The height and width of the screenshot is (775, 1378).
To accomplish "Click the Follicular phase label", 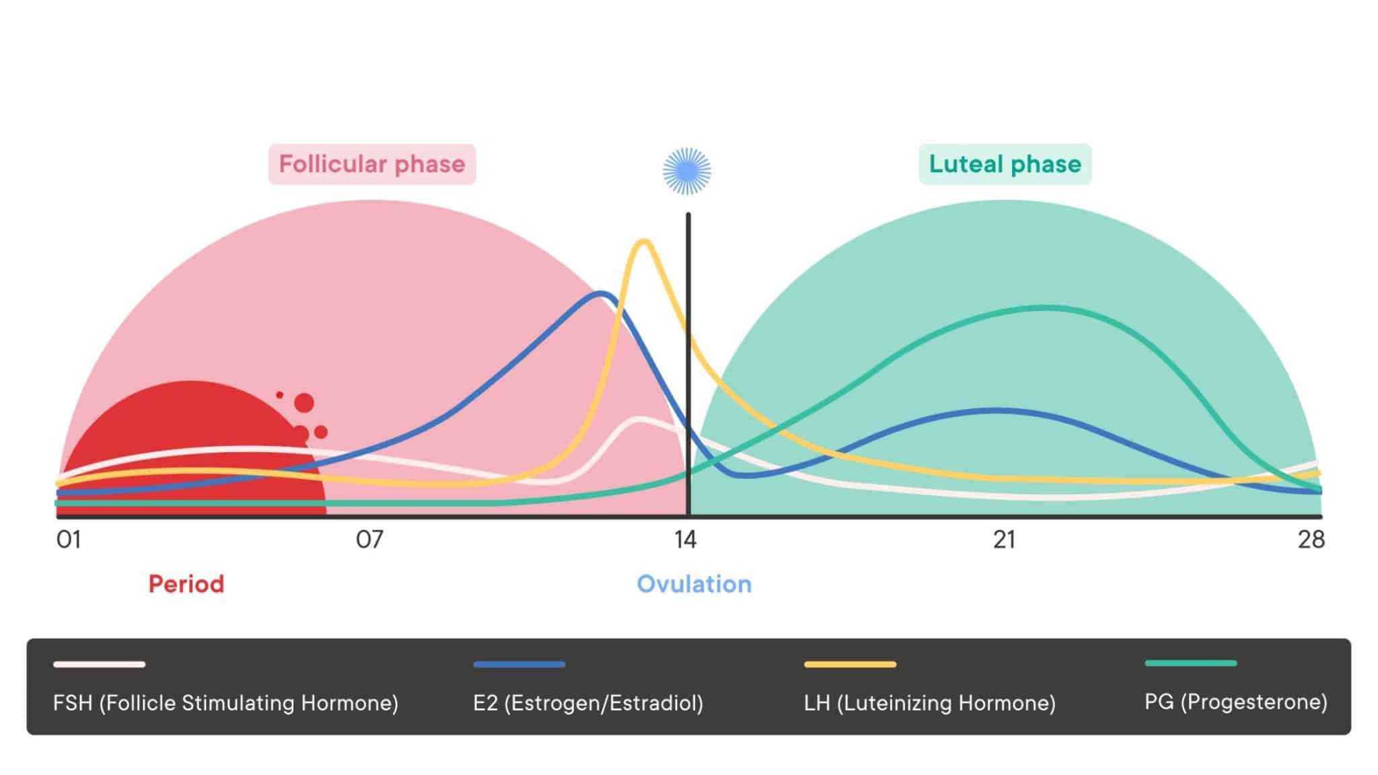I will (x=372, y=164).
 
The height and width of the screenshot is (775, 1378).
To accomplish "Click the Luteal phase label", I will (x=1005, y=164).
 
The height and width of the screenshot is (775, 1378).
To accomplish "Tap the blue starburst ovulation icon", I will (x=686, y=171).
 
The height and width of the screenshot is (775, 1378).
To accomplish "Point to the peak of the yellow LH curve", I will (x=644, y=241).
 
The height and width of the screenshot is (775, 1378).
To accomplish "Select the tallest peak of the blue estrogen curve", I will (x=601, y=293).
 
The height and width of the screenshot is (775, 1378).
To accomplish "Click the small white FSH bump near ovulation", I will (x=638, y=419).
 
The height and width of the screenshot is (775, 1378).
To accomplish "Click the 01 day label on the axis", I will (x=69, y=540).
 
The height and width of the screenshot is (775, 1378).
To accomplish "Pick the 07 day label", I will (x=369, y=540).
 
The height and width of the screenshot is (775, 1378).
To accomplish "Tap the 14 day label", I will (x=686, y=540).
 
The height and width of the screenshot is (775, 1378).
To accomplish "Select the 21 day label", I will (x=1004, y=540).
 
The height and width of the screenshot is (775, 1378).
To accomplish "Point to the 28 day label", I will (x=1311, y=540).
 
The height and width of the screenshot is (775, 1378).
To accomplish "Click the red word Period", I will (x=186, y=584).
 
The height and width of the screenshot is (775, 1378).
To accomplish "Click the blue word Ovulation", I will (x=694, y=584).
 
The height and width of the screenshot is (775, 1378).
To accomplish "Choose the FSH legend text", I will (x=225, y=703).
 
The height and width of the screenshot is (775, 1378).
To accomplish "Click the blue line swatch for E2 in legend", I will (x=519, y=664).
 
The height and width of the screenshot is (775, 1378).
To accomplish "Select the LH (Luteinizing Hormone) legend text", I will (x=929, y=703).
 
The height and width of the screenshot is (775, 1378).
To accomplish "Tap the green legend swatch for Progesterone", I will (x=1190, y=663).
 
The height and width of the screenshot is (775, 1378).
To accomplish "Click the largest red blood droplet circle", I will (x=304, y=403).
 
